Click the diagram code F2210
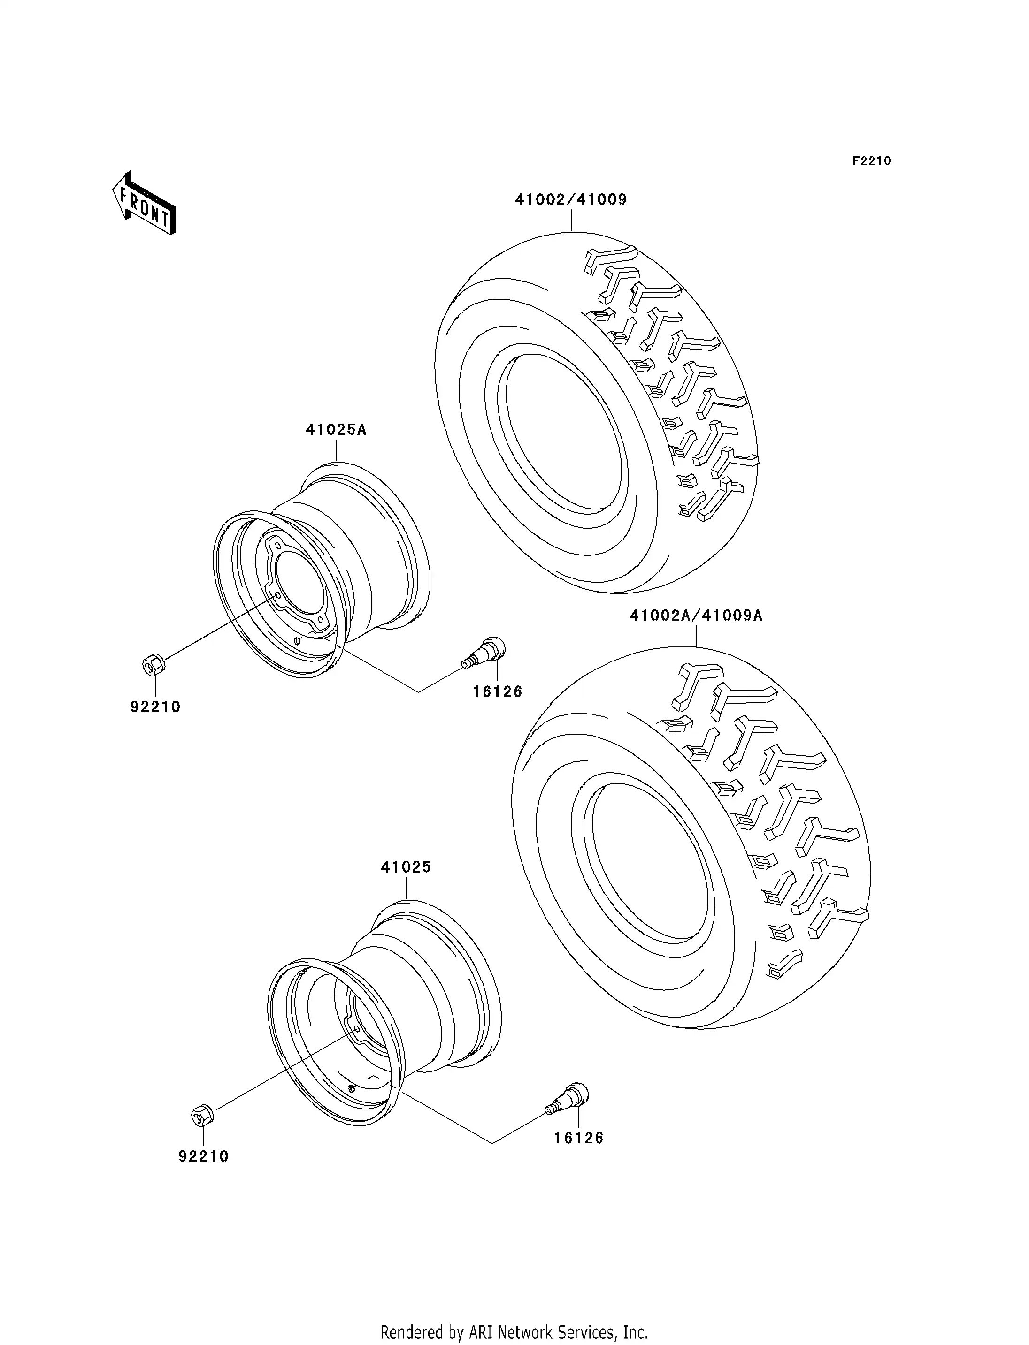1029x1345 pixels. [x=871, y=161]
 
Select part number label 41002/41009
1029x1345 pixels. [x=570, y=199]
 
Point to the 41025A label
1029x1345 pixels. [x=336, y=430]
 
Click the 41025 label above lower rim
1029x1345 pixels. [x=406, y=867]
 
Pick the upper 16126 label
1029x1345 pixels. [x=497, y=692]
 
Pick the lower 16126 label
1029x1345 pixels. [x=578, y=1138]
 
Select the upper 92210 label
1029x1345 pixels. [x=155, y=707]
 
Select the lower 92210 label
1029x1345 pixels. [x=203, y=1156]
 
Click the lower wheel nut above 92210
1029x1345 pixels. [x=201, y=1115]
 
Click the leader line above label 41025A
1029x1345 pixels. [x=336, y=450]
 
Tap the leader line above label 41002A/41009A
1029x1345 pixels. [x=697, y=636]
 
